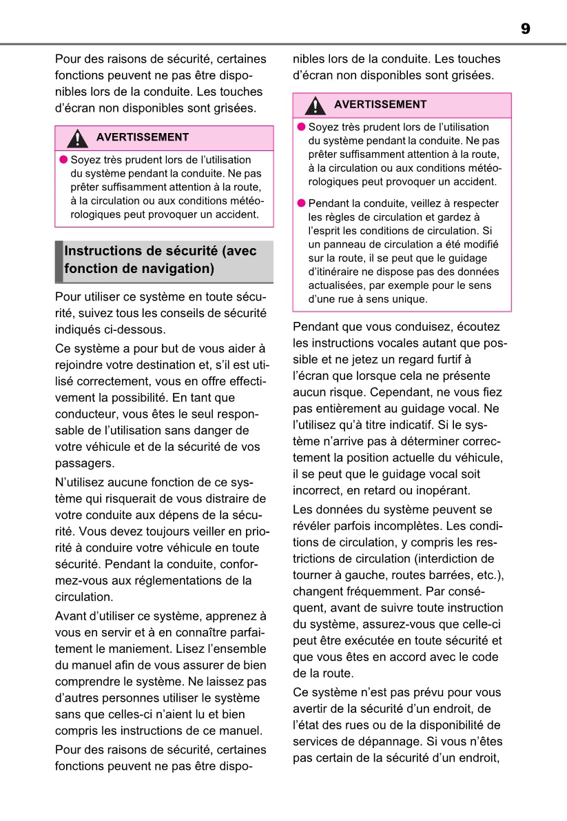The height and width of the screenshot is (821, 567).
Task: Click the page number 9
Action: [526, 29]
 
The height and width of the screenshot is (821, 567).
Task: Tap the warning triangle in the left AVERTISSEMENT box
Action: [77, 139]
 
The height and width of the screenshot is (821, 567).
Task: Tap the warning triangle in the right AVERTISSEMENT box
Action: [315, 105]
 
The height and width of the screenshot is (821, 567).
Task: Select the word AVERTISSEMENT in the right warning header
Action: [380, 105]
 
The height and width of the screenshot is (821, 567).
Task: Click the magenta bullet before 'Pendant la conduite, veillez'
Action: [300, 203]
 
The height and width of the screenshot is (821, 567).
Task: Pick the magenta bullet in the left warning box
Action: [63, 159]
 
